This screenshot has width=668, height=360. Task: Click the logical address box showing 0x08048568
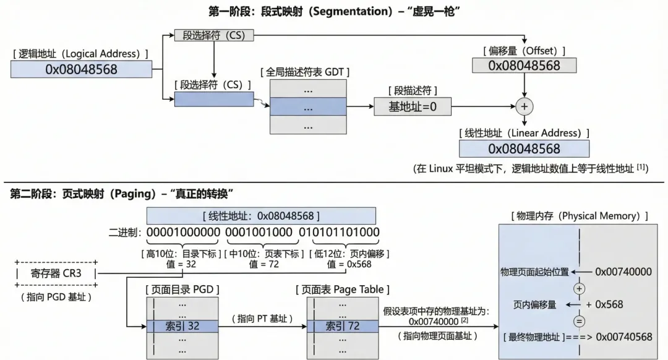[x=81, y=69]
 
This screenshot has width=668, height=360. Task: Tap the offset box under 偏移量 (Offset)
[x=524, y=65]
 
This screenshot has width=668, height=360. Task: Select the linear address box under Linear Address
[x=524, y=148]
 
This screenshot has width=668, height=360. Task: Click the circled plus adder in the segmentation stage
[x=525, y=106]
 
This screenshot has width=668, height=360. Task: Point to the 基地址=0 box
[x=412, y=106]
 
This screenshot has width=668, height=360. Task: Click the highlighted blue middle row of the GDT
[x=308, y=106]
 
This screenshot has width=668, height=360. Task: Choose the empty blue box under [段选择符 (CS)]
[x=214, y=99]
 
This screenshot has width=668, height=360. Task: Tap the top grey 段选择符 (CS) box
[x=213, y=35]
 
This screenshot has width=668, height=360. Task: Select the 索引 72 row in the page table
[x=342, y=325]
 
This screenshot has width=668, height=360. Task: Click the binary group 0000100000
[x=184, y=233]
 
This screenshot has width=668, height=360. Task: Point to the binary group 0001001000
[x=259, y=233]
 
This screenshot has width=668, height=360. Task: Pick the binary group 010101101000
[x=339, y=233]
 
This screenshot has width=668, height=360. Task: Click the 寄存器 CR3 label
[x=55, y=273]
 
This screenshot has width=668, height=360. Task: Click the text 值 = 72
[x=264, y=264]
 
